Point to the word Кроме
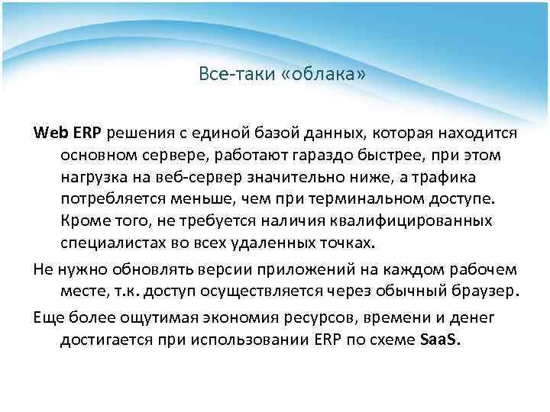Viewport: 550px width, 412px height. pyautogui.click(x=82, y=222)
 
